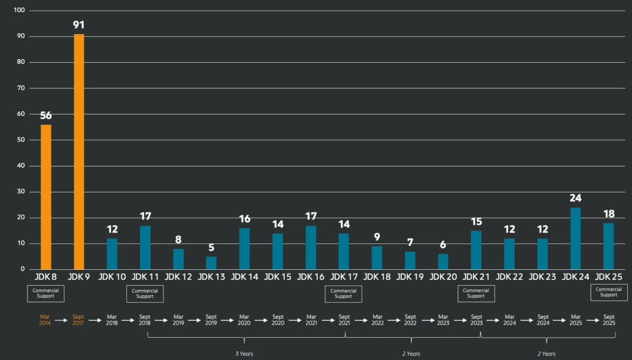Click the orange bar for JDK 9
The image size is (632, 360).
point(79,152)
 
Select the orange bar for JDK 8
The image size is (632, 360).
point(46,197)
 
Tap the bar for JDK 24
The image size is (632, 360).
point(575,238)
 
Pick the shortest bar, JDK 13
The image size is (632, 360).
point(211,263)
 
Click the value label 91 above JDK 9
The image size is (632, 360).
point(79,25)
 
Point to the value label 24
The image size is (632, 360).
point(575,198)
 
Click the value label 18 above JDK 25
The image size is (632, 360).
point(609,214)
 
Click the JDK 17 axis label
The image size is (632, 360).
point(344,277)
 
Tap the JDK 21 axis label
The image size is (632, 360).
point(476,277)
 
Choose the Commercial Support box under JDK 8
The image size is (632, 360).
point(46,293)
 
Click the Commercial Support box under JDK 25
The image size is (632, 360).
point(609,292)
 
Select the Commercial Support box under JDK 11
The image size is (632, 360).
point(145,293)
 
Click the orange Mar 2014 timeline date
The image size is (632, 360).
point(46,320)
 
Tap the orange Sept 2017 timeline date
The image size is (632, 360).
point(78,320)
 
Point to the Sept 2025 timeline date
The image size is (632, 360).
point(609,320)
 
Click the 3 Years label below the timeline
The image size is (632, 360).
point(244,354)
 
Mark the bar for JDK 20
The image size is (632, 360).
point(443,262)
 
